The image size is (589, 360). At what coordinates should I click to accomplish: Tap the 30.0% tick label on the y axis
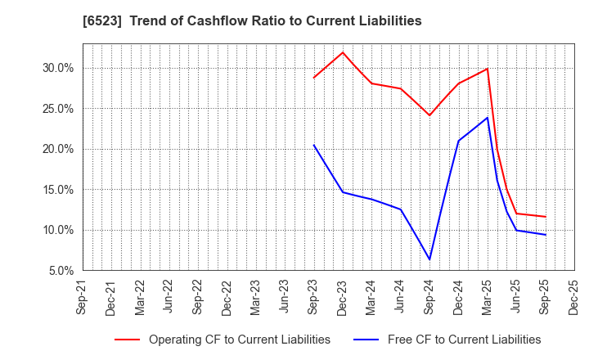pyautogui.click(x=58, y=68)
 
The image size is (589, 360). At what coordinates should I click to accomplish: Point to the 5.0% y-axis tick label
pyautogui.click(x=61, y=270)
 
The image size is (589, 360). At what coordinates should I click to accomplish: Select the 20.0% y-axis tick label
pyautogui.click(x=58, y=149)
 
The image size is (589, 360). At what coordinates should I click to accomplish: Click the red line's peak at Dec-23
pyautogui.click(x=343, y=52)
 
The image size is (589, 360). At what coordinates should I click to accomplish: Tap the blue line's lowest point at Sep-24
pyautogui.click(x=429, y=260)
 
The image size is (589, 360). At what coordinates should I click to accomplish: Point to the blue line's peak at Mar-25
pyautogui.click(x=488, y=117)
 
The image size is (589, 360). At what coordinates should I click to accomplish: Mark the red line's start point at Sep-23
pyautogui.click(x=313, y=78)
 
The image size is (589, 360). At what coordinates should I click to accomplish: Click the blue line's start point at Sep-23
pyautogui.click(x=313, y=145)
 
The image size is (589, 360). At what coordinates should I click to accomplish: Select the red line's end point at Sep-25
pyautogui.click(x=545, y=217)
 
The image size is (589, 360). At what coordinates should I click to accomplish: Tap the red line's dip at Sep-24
pyautogui.click(x=429, y=115)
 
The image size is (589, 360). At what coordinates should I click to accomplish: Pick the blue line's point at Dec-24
pyautogui.click(x=458, y=141)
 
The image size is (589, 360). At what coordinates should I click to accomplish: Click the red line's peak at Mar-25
pyautogui.click(x=488, y=69)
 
